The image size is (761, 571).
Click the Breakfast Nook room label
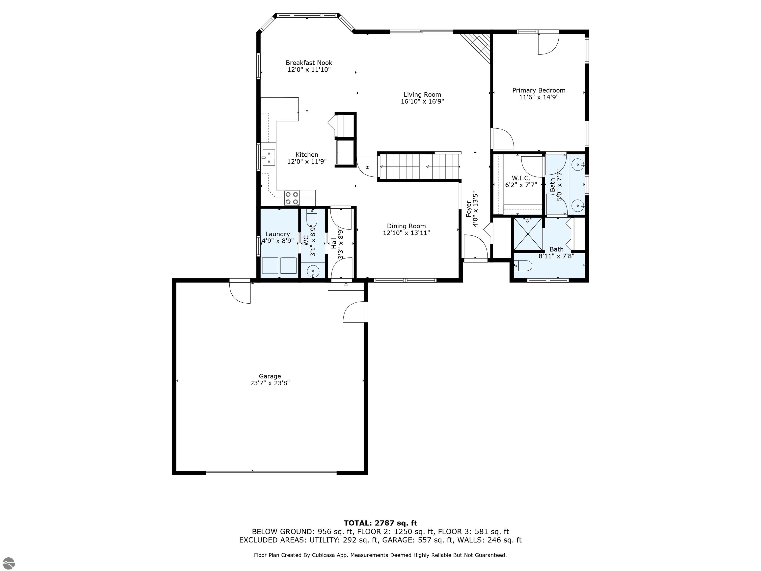tap(309, 63)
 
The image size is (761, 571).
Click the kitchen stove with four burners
tap(292, 198)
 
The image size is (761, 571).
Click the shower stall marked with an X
tap(527, 234)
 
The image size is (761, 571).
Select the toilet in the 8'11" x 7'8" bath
tap(523, 266)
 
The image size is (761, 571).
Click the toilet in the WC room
tap(312, 219)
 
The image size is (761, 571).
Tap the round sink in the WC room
tap(313, 271)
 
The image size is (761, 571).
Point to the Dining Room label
tap(406, 226)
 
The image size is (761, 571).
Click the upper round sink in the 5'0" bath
tap(578, 165)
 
